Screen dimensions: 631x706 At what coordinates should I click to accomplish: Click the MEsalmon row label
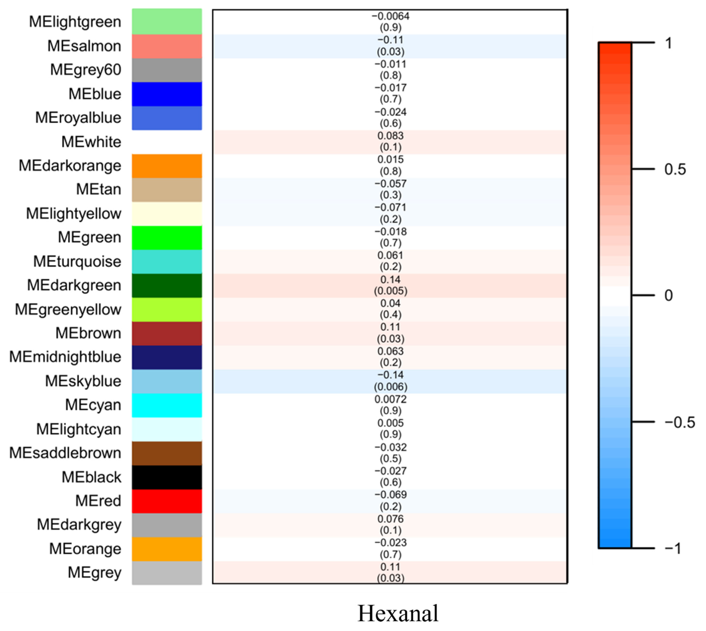click(84, 46)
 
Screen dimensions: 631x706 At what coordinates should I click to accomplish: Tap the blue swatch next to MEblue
click(167, 94)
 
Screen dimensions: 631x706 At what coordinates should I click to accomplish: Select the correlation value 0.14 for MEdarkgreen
click(390, 279)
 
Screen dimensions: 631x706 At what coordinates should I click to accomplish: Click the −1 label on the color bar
click(672, 549)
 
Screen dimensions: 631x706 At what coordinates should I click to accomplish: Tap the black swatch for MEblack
click(167, 477)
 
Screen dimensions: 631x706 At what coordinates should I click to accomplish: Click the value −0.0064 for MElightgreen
click(390, 16)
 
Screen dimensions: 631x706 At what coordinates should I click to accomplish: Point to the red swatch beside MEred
click(167, 501)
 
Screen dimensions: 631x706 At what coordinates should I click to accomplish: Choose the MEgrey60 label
click(86, 70)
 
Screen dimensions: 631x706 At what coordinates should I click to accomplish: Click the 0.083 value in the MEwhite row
click(390, 135)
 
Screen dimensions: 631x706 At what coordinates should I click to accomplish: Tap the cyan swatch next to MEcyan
click(167, 405)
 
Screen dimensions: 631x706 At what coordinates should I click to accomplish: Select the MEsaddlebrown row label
click(65, 453)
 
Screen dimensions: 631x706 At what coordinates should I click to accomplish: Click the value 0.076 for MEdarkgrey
click(390, 519)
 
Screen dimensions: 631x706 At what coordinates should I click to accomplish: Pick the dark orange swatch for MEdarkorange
click(167, 166)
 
